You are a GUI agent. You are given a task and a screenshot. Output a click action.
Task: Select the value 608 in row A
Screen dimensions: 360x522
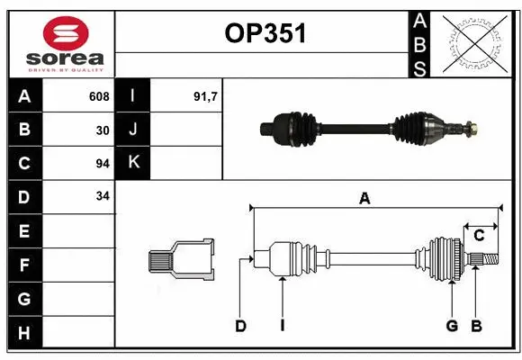tap(99, 96)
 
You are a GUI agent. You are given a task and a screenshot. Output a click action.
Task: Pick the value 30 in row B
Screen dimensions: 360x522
tap(103, 130)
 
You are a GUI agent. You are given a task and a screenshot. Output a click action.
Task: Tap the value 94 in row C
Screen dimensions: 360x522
tap(103, 163)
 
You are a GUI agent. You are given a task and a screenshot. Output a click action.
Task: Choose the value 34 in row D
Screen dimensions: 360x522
tap(103, 196)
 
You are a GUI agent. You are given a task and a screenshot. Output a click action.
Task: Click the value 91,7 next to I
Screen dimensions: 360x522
tap(206, 96)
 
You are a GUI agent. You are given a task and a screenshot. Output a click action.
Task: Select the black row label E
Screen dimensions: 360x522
tap(24, 231)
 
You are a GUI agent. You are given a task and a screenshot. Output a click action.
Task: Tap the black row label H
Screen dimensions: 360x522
tap(24, 333)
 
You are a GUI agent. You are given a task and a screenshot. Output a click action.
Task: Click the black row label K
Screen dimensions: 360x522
tap(133, 163)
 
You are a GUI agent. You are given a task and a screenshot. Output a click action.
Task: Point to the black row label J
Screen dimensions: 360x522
tap(133, 130)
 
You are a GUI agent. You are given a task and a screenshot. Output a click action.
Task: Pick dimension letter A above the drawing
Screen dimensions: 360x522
tap(364, 199)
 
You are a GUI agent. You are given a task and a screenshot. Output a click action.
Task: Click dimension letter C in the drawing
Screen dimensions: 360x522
tap(479, 236)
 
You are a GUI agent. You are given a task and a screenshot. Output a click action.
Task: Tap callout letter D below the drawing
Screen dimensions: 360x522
tap(241, 326)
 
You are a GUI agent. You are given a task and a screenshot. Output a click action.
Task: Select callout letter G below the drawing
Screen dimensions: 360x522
tap(452, 326)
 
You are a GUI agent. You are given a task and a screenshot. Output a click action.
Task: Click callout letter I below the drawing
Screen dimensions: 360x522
tap(282, 326)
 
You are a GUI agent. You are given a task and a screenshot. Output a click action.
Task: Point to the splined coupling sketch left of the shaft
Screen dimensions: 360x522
tap(181, 260)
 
